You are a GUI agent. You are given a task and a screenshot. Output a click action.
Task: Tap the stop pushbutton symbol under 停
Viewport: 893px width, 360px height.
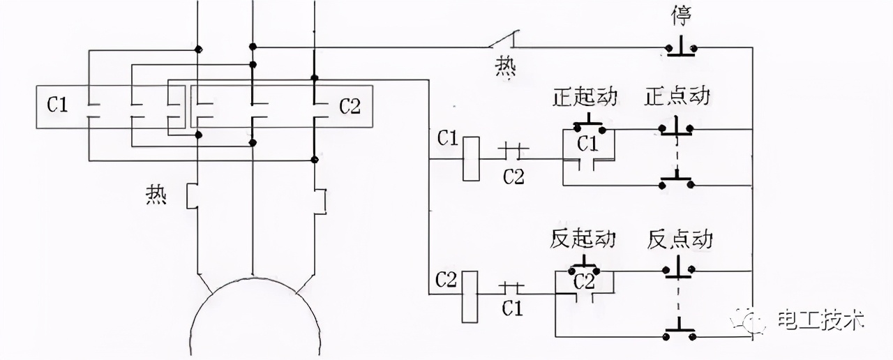(680, 47)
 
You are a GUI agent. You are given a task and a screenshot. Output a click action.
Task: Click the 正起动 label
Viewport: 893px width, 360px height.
(585, 96)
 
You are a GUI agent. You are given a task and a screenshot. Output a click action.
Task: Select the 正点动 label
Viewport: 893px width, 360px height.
(676, 96)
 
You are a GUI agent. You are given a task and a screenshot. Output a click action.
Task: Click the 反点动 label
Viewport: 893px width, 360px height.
(680, 239)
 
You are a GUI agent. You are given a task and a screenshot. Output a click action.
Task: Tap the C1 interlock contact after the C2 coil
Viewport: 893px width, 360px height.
(513, 287)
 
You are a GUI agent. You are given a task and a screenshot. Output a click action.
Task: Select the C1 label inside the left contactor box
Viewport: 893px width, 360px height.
(58, 107)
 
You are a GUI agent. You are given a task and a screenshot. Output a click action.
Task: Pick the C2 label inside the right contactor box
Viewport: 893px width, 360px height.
(350, 107)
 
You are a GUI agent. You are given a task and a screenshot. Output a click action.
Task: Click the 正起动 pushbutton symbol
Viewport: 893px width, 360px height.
(588, 126)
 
